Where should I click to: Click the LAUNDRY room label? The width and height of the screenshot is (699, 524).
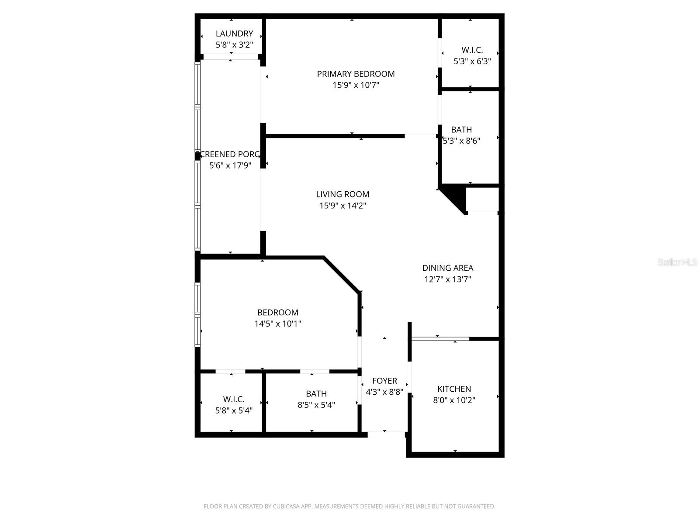coord(234,34)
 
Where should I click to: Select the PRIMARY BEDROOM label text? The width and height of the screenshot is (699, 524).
coord(356,74)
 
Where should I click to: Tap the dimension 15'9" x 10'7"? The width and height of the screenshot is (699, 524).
coord(356,85)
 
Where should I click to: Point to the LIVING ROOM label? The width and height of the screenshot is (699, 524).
coord(343,194)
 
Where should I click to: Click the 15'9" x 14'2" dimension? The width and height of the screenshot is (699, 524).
coord(343,206)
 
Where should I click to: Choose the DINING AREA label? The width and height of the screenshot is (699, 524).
coord(447,268)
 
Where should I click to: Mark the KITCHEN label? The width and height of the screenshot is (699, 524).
coord(454,389)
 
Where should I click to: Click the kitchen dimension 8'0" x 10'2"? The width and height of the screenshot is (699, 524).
coord(454,400)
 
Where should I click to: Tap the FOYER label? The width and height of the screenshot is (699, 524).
coord(384,381)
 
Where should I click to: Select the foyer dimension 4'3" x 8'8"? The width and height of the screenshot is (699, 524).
coord(384,392)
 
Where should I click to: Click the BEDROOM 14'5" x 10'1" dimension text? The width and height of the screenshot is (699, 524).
coord(278,324)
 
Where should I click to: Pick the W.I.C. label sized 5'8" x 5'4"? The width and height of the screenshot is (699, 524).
coord(234,399)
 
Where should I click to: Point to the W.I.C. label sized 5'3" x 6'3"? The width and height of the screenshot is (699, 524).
coord(472,50)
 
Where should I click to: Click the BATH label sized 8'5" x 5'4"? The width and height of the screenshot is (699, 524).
coord(316,394)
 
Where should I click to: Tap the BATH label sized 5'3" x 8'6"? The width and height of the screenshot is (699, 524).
coord(461,130)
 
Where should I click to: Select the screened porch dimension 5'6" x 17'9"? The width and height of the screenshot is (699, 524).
coord(230,165)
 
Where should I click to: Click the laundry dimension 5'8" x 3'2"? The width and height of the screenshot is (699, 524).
coord(234,45)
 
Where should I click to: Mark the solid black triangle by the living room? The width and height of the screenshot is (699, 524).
coord(456,197)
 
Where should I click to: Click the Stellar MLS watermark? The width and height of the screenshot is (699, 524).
coord(678,262)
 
